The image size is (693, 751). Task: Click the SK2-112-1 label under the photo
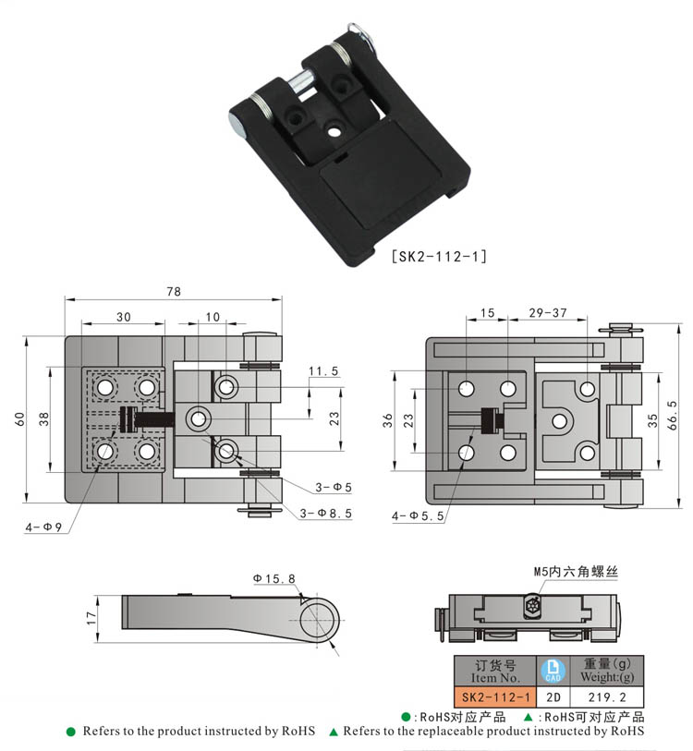click(439, 256)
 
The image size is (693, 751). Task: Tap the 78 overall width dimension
click(173, 291)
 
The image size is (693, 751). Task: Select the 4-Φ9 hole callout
click(43, 527)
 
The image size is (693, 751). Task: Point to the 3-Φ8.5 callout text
click(325, 514)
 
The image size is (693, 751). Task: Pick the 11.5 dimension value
click(323, 370)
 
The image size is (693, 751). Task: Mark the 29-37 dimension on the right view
click(547, 313)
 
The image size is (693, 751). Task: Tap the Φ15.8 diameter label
click(274, 578)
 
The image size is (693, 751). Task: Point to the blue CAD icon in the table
click(552, 670)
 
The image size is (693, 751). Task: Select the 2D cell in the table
click(552, 696)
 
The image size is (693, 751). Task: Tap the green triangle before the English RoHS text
click(334, 732)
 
